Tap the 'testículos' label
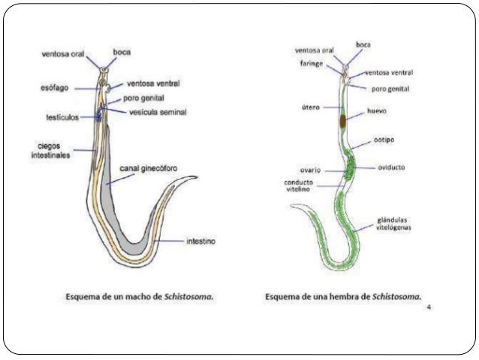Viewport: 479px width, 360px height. click(x=62, y=117)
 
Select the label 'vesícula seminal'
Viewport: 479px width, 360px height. click(x=158, y=113)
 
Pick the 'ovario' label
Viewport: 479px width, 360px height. click(x=310, y=169)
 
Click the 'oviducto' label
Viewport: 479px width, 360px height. click(x=390, y=167)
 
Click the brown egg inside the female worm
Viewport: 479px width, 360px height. click(x=342, y=120)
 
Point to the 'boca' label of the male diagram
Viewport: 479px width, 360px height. click(x=122, y=53)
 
